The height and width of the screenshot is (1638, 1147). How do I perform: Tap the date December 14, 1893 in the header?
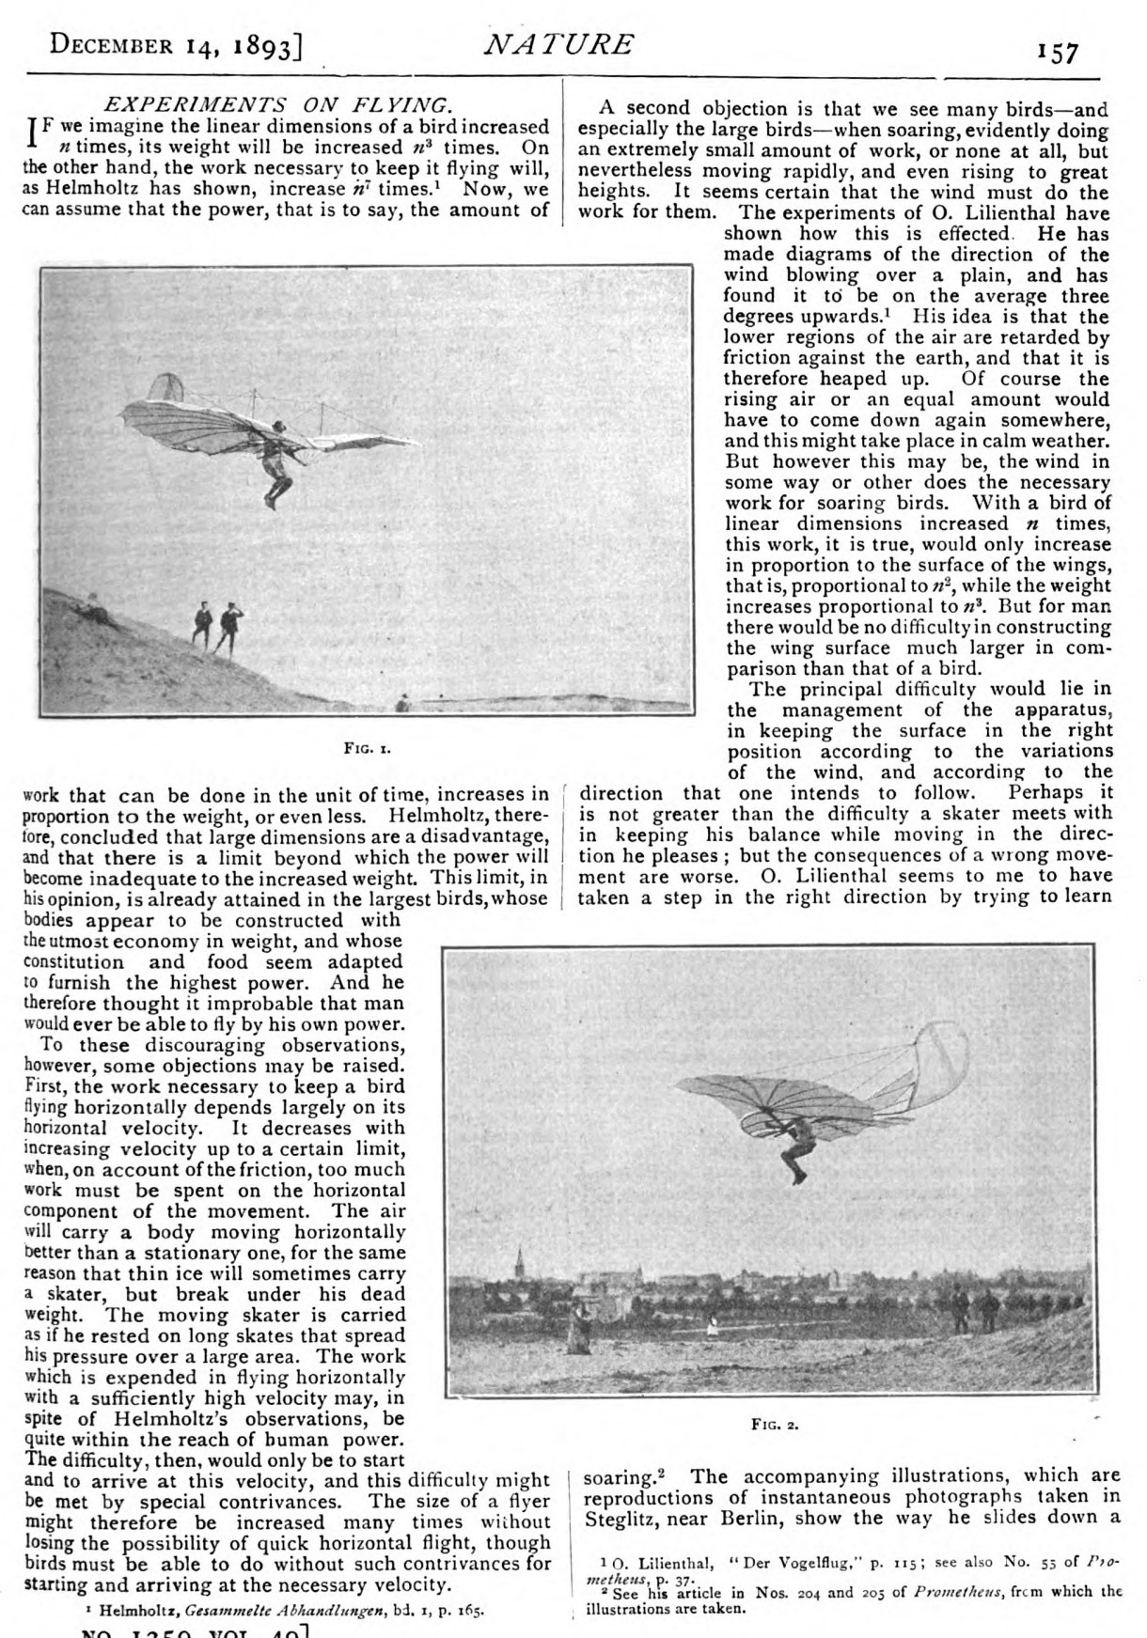(x=174, y=45)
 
